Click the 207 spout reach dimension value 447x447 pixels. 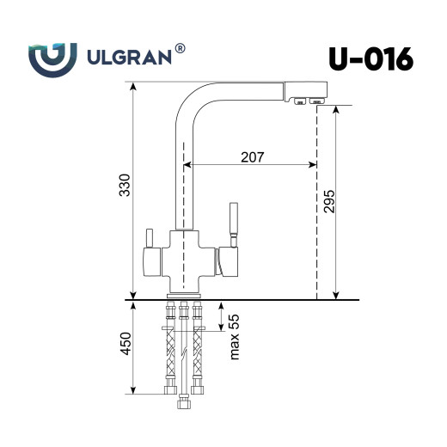point(252,156)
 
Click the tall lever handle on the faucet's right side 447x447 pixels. point(230,222)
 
